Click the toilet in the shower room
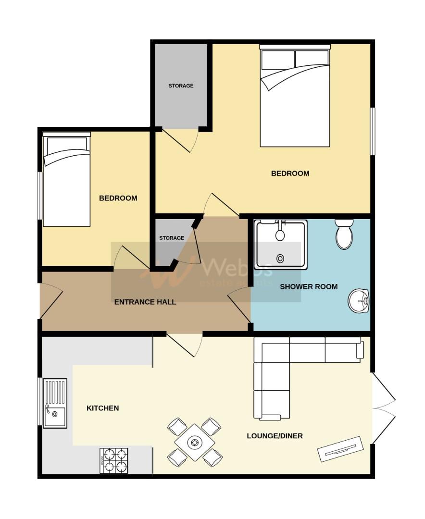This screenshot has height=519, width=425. [344, 235]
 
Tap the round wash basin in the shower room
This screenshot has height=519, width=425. [358, 301]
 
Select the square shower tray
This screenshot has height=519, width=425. [281, 244]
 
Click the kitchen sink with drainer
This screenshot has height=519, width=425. [55, 403]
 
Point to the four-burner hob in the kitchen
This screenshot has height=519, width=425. [114, 460]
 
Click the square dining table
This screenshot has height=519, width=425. [195, 442]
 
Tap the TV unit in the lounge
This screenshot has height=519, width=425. [339, 449]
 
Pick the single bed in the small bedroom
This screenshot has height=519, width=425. [66, 182]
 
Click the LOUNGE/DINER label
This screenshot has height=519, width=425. [275, 436]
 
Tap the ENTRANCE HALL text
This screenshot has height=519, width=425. [145, 302]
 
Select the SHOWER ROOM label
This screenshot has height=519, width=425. [309, 286]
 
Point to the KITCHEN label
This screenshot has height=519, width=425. [102, 408]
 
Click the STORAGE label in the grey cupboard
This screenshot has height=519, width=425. [181, 86]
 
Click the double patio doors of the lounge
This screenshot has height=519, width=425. [383, 408]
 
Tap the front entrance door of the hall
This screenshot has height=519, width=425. [50, 300]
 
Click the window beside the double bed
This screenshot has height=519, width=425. [372, 131]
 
